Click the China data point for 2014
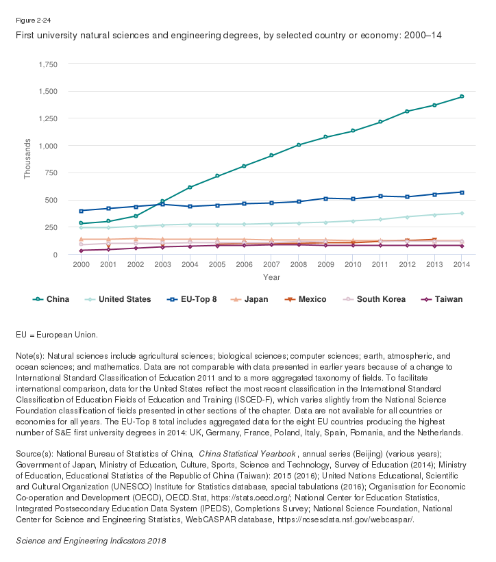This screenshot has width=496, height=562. pos(462,97)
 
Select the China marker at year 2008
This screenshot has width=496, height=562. pos(299,145)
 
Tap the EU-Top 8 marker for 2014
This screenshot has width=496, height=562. pos(462,192)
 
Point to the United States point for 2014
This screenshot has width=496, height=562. pos(462,214)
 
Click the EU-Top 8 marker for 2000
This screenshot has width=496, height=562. pos(81,211)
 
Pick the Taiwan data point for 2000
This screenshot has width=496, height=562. pos(81,251)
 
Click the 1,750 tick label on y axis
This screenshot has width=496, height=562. pos(49,64)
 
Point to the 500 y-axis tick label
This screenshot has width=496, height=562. pos(52,200)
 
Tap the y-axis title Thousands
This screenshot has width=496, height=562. pos(27,159)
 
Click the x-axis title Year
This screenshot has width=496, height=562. pos(271,277)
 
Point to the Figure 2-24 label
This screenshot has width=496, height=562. pos(32,21)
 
